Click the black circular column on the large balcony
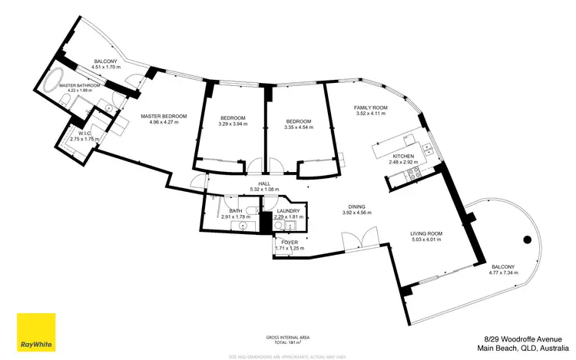(525, 239)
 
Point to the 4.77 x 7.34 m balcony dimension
(507, 272)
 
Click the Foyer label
(290, 243)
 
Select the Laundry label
(290, 211)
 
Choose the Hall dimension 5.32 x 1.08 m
(264, 190)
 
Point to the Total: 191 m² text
(288, 343)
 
